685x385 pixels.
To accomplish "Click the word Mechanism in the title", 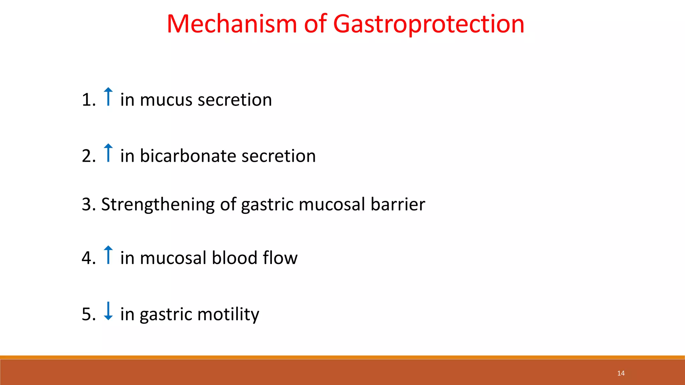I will coord(231,24).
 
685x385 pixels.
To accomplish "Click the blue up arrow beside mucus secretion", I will coord(108,97).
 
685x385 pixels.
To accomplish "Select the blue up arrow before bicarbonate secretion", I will coord(108,153).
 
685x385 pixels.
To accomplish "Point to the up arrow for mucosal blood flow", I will coord(108,255).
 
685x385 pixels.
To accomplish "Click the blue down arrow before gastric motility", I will coord(108,311).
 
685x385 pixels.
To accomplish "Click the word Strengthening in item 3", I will coord(158,205).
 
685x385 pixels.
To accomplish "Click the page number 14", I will coord(621,373).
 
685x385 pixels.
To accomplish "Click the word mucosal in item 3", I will coord(331,204).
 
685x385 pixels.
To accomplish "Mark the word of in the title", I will coord(315,24).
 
